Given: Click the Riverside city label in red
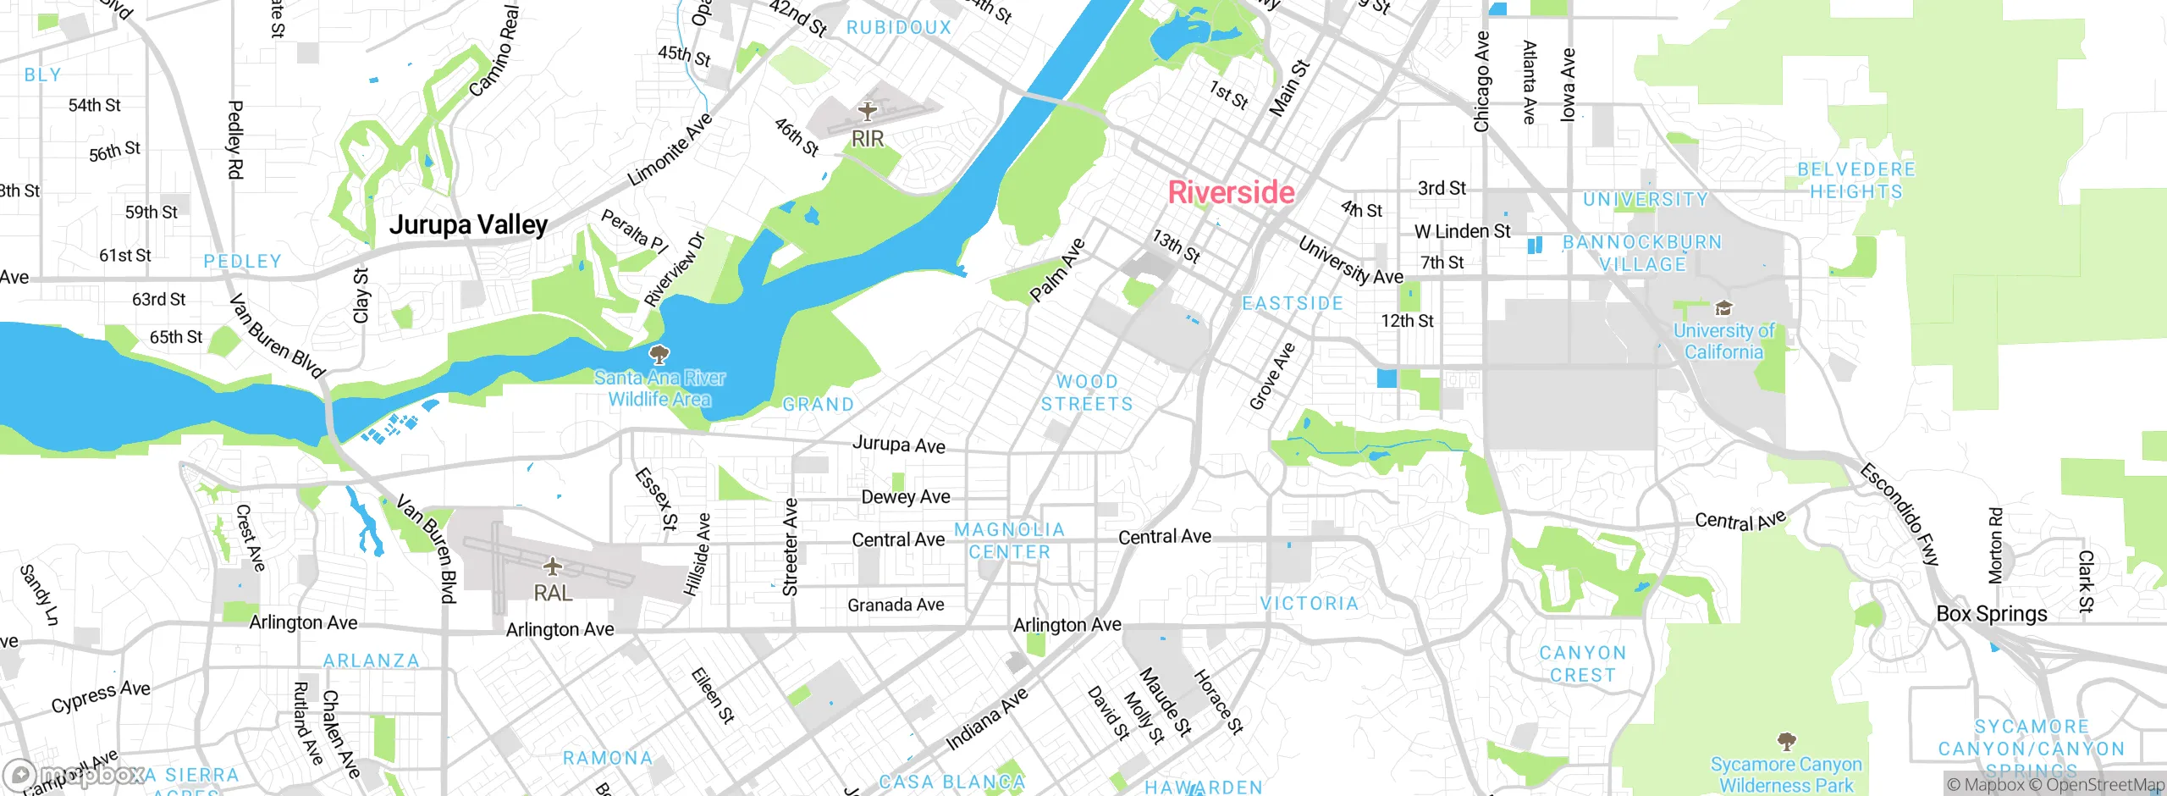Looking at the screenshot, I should [1231, 193].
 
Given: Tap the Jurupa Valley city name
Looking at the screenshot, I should [468, 224].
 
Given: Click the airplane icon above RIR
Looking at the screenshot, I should [867, 111].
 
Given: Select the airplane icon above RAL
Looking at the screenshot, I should [552, 566].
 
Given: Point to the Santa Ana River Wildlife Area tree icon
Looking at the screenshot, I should [659, 354].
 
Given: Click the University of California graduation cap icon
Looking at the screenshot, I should [1723, 307].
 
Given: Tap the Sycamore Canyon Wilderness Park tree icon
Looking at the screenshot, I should [1786, 742].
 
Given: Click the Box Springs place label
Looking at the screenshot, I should [1992, 614].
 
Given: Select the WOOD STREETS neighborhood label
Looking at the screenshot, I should [1087, 393].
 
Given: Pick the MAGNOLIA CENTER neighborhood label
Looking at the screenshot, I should [1009, 540].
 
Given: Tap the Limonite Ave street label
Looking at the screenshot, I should [670, 150].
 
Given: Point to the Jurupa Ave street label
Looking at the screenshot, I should [898, 445].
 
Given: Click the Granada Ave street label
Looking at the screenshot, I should [896, 605].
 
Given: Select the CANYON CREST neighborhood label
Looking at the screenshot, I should [1582, 664].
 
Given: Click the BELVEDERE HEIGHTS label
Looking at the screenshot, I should [1855, 180].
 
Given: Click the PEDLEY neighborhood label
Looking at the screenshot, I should [242, 262].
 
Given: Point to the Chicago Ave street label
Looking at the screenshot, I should [1481, 82].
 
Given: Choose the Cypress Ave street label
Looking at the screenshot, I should [101, 696].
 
